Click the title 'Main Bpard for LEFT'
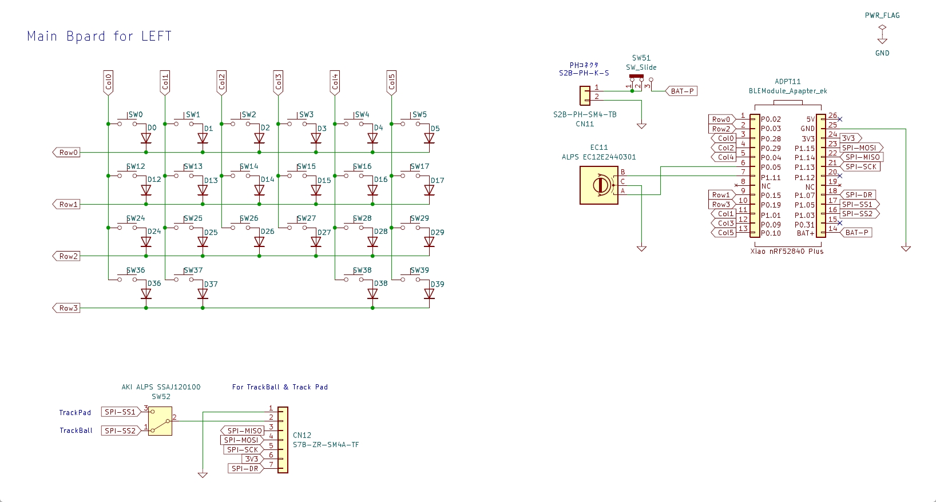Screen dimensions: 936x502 click(x=100, y=37)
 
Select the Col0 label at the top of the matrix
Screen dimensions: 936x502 click(x=108, y=82)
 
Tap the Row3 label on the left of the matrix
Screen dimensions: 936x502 click(x=66, y=308)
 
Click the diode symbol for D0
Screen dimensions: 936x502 click(x=146, y=138)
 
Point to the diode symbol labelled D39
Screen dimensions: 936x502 click(x=429, y=294)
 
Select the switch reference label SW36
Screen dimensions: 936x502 click(x=136, y=270)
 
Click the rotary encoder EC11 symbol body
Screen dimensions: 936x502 click(x=599, y=185)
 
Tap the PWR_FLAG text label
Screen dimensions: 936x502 click(x=882, y=15)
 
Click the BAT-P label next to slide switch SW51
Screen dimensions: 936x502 click(x=681, y=91)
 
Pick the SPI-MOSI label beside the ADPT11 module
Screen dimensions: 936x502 click(x=861, y=148)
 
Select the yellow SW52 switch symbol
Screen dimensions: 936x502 click(x=160, y=421)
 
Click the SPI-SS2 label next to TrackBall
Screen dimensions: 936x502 click(x=121, y=431)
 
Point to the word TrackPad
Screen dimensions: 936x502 click(x=75, y=413)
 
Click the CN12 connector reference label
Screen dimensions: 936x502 click(x=302, y=435)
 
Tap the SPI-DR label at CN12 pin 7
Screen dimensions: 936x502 click(x=245, y=469)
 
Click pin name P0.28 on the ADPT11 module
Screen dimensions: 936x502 click(x=771, y=139)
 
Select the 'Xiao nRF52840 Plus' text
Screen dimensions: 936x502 click(x=787, y=252)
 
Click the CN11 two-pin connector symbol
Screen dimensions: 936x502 click(x=585, y=95)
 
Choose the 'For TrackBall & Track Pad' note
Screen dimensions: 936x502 click(x=280, y=387)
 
